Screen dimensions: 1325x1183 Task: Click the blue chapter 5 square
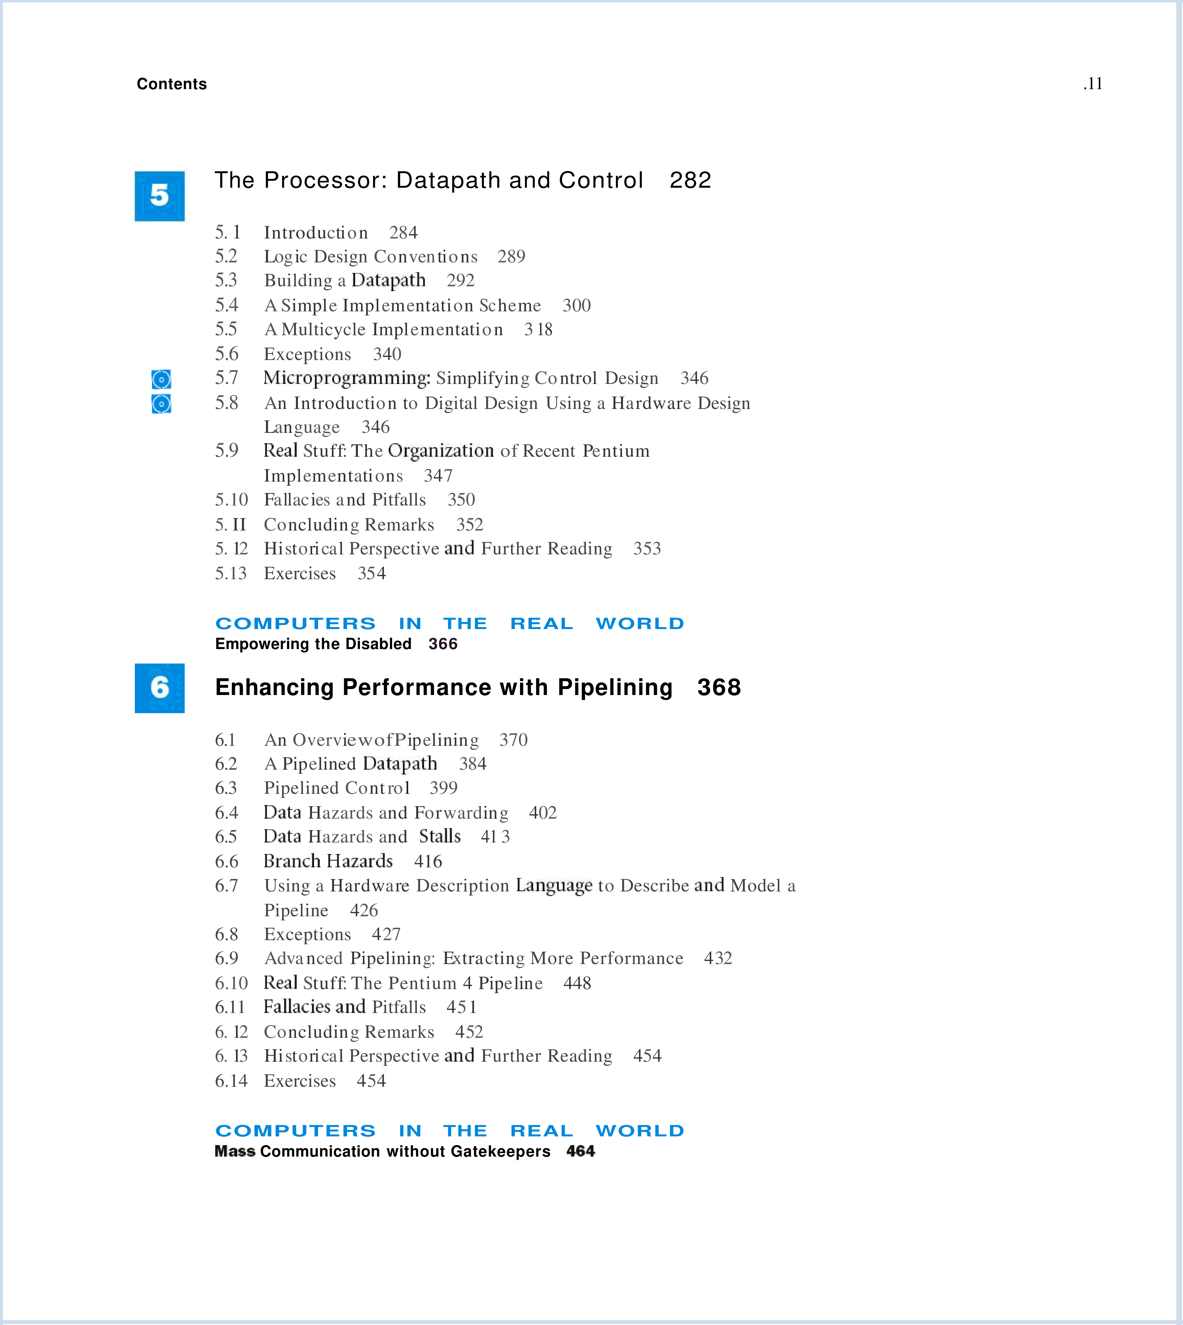(x=159, y=196)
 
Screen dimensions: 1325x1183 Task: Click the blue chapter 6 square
(x=159, y=688)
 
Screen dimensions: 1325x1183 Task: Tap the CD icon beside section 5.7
(x=161, y=379)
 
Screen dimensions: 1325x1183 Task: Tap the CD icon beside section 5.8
(x=161, y=404)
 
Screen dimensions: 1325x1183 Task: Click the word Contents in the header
(x=172, y=84)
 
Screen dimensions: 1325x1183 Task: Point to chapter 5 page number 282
(x=690, y=180)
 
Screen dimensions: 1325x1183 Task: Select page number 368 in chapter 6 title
(x=719, y=687)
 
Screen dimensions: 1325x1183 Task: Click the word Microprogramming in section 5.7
(x=346, y=378)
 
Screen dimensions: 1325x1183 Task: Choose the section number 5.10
(x=231, y=499)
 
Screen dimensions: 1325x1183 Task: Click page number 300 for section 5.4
(x=577, y=305)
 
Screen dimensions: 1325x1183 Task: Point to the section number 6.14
(x=231, y=1081)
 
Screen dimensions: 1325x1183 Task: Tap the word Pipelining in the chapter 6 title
(x=615, y=687)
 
